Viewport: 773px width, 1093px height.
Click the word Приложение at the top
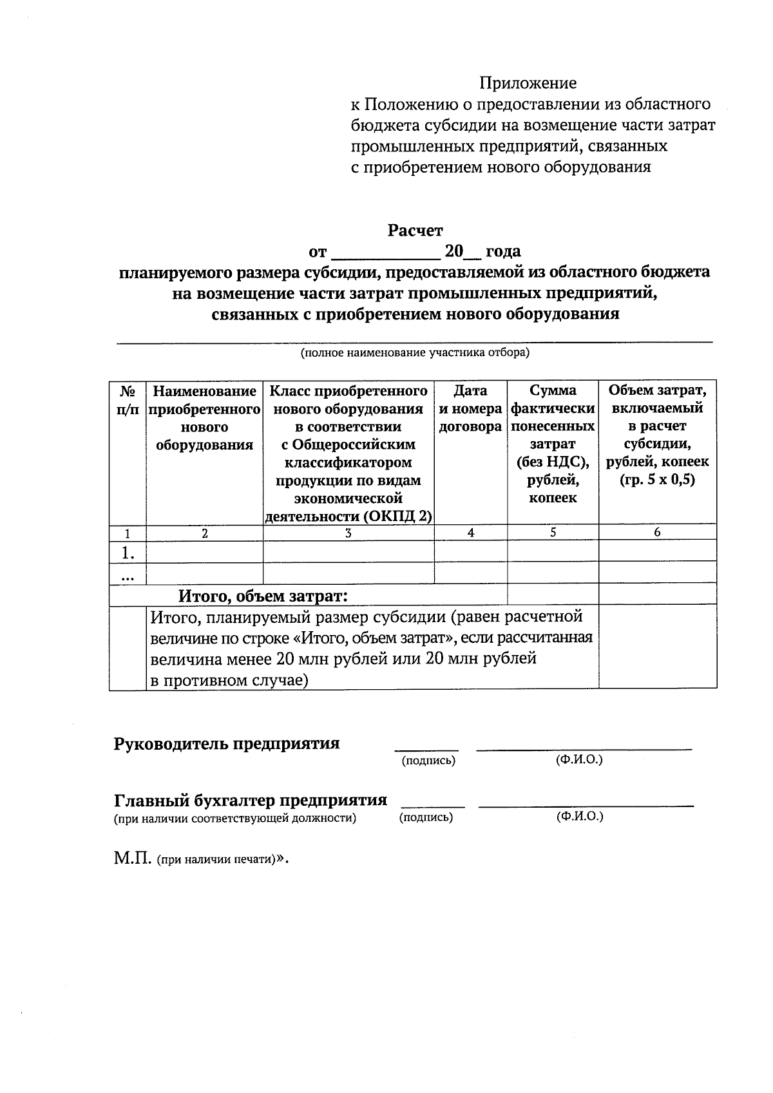(x=527, y=83)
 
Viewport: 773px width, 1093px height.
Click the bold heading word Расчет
(x=415, y=230)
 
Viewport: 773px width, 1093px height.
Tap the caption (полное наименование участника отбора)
(x=414, y=353)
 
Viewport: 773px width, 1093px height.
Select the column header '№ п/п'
(x=128, y=400)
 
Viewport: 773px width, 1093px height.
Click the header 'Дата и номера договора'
(x=470, y=408)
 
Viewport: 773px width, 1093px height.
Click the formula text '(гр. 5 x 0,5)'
(x=657, y=480)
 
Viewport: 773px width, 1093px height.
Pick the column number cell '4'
(x=471, y=533)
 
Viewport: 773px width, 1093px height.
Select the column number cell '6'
(x=657, y=533)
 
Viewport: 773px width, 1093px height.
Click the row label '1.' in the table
(x=128, y=552)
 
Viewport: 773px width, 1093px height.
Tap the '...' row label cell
(x=128, y=575)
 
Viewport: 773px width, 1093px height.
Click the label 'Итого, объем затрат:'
(x=263, y=596)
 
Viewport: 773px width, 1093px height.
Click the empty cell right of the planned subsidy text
(x=657, y=647)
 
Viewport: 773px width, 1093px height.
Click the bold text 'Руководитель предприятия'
(x=227, y=744)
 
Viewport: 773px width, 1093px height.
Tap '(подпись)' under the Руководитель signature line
(x=428, y=761)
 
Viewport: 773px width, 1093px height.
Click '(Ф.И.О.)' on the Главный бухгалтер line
(x=580, y=817)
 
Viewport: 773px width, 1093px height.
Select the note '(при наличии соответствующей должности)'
(x=235, y=819)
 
